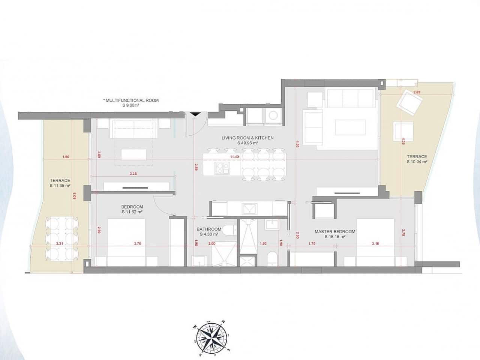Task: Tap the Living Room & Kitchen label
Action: [x=247, y=140]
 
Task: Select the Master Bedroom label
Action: [x=335, y=234]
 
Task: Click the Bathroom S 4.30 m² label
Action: [x=209, y=232]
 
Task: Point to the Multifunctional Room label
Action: [x=131, y=103]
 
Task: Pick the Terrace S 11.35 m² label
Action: [x=60, y=183]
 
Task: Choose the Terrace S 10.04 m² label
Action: [x=417, y=159]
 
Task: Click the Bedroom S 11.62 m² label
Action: [x=132, y=209]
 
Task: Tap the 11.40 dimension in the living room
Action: [x=235, y=157]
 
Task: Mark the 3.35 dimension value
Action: [x=133, y=174]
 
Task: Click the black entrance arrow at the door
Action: [x=195, y=114]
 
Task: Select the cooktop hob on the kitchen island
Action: [x=221, y=168]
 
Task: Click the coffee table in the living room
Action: [x=350, y=127]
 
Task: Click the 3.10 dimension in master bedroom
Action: [x=375, y=243]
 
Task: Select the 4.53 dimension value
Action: [x=297, y=143]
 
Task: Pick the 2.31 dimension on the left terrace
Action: [x=59, y=243]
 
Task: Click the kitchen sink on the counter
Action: [x=249, y=208]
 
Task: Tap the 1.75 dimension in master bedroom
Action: [x=312, y=243]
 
